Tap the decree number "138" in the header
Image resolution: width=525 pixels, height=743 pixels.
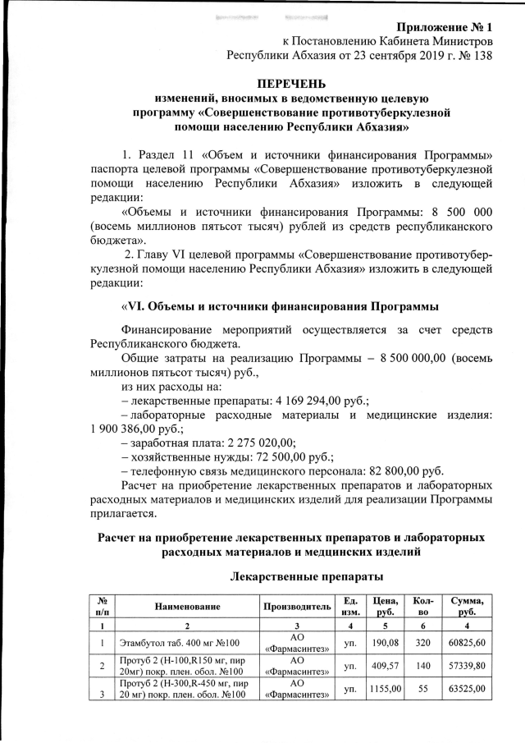tap(480, 57)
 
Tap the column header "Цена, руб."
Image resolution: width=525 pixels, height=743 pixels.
tap(386, 606)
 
